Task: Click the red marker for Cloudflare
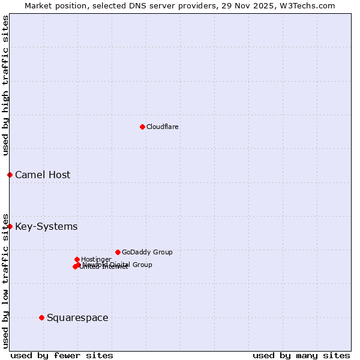coord(142,127)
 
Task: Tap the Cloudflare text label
coord(163,127)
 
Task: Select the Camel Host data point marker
coord(10,175)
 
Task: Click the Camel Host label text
coord(43,175)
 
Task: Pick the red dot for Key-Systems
coord(10,226)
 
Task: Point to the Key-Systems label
coord(46,227)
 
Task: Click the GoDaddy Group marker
coord(118,252)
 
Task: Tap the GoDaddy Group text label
coord(147,253)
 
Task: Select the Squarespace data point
coord(41,317)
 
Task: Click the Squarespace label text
coord(77,318)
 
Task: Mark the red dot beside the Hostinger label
coord(77,259)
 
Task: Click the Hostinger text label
coord(96,260)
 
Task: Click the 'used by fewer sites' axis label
coord(62,355)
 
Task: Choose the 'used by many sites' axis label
coord(301,355)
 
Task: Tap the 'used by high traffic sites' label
coord(5,85)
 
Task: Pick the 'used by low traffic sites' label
coord(5,280)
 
